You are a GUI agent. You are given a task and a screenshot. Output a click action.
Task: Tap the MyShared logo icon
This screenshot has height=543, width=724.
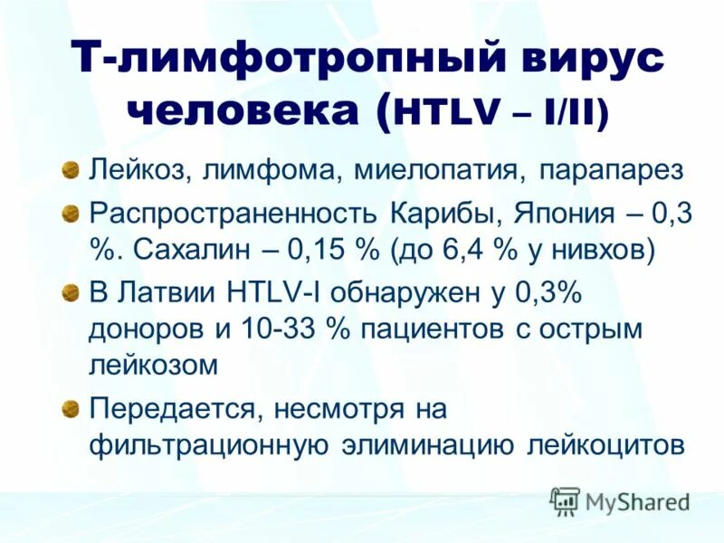click(x=567, y=500)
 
